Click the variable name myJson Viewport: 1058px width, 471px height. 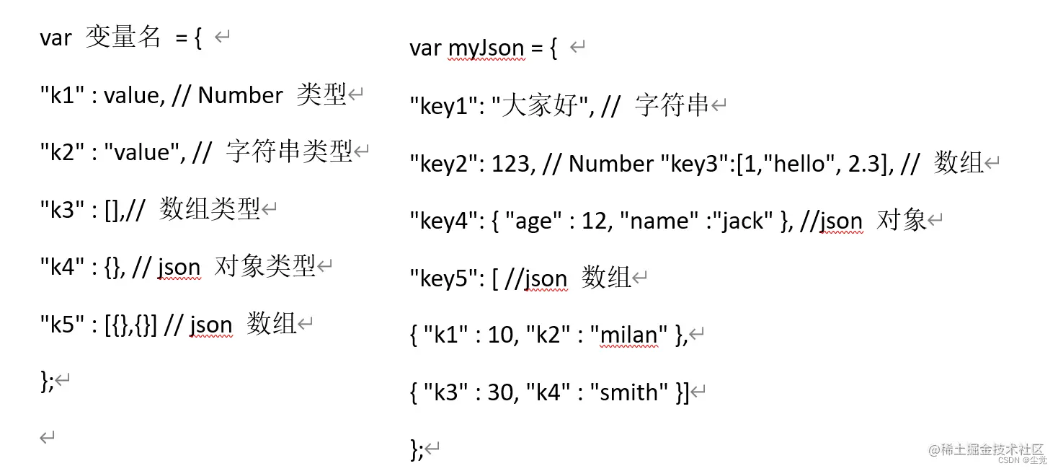tap(486, 48)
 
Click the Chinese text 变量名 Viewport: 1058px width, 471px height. tap(123, 38)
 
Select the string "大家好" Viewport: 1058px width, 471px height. tap(541, 106)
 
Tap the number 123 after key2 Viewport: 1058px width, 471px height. tap(512, 164)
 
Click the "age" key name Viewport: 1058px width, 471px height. tap(534, 221)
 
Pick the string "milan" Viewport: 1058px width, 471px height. tap(628, 335)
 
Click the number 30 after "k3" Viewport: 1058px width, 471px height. tap(502, 392)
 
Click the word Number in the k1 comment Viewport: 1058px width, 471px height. tap(240, 95)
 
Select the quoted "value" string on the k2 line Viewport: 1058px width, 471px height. tap(142, 152)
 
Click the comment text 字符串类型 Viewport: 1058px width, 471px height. tap(288, 151)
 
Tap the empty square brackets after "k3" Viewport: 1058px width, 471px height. tap(113, 210)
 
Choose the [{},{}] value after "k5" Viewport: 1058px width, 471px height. tap(130, 325)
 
